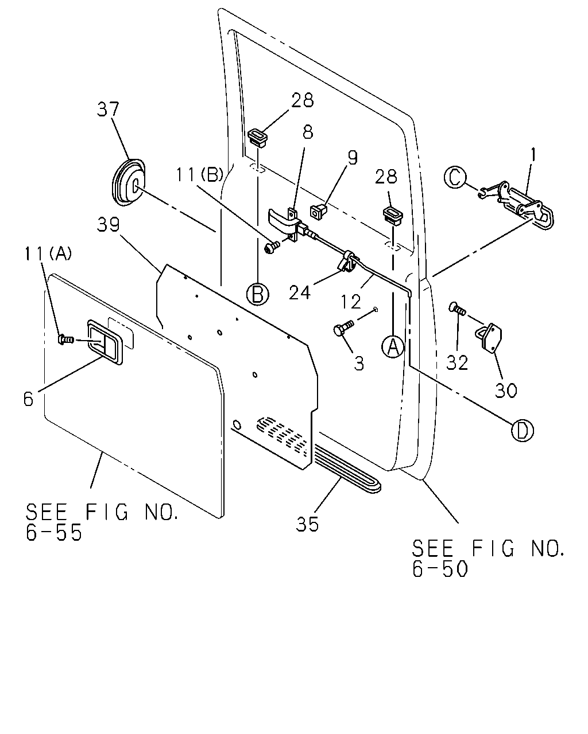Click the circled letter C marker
(455, 177)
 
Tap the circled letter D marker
(523, 431)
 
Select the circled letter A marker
(393, 346)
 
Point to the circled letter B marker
(258, 294)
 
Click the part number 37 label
(108, 110)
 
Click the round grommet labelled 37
(129, 182)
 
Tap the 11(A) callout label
(48, 254)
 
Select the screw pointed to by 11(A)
(66, 339)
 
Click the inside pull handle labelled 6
(106, 342)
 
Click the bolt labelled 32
(458, 309)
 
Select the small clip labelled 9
(318, 212)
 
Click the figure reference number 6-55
(54, 532)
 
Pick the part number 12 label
(351, 302)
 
